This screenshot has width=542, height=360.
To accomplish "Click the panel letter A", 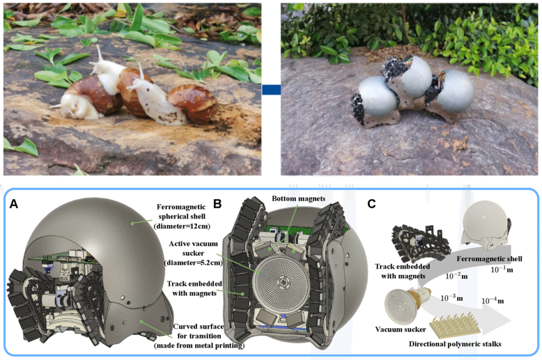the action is [14, 204].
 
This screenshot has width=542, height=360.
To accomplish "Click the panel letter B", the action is [218, 204].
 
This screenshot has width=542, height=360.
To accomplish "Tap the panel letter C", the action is [372, 204].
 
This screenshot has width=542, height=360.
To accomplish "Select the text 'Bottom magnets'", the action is [299, 199].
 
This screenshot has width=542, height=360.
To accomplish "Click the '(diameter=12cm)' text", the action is [182, 226].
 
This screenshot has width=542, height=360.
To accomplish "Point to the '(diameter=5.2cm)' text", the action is [193, 263].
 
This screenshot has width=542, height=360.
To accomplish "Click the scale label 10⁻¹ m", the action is [502, 269].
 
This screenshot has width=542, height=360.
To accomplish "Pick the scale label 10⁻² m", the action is [456, 276].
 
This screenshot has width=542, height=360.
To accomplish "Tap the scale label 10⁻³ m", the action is [451, 298].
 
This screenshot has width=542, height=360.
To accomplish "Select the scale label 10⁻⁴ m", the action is [493, 301].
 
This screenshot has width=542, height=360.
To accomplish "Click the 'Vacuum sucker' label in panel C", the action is [401, 329].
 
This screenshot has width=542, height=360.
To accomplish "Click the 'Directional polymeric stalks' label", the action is [455, 344].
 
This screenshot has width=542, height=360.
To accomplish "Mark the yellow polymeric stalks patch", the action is [455, 325].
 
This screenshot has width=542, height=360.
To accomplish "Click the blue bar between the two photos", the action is [272, 89].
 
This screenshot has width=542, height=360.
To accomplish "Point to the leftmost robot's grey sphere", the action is [377, 96].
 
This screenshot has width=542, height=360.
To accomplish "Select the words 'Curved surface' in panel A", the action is [198, 327].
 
